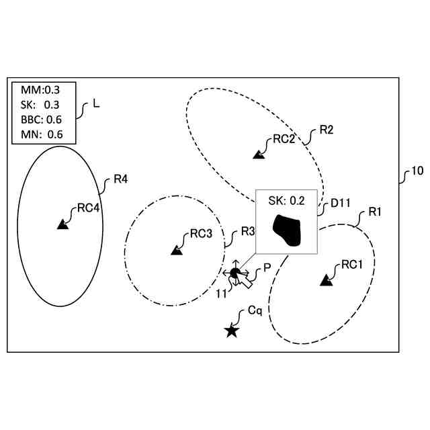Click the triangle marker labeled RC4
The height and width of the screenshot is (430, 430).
[62, 225]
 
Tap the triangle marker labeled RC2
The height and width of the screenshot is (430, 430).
[258, 155]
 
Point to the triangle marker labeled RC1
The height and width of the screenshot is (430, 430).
[327, 280]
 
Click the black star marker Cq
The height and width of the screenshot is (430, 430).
[232, 330]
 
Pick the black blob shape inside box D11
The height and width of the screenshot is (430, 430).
[288, 230]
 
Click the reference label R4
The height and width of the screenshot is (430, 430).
[121, 179]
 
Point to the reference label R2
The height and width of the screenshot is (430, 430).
[327, 130]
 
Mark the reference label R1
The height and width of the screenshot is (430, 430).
[375, 212]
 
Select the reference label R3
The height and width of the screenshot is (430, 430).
[247, 231]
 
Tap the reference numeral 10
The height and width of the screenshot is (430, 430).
[417, 171]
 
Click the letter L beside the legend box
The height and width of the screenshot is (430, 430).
[96, 105]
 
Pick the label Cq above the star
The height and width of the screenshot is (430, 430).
[255, 312]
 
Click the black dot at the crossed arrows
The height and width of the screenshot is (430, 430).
[234, 273]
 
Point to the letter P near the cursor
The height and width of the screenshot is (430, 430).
[267, 267]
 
